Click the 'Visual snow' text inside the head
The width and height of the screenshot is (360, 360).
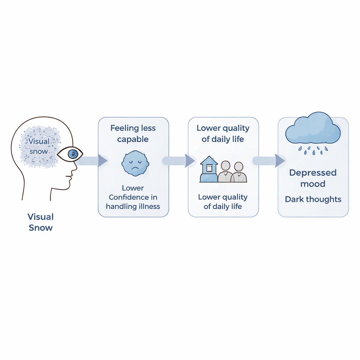pos(39,146)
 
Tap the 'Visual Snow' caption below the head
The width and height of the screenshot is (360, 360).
pos(40,222)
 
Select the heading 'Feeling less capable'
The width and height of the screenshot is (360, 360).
pos(133,134)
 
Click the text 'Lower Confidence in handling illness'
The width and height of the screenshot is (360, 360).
pos(133,197)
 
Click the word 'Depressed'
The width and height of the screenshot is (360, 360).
pos(313,173)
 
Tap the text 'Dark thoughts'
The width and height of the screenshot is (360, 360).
pos(313,199)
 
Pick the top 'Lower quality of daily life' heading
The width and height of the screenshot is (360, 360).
pos(223,134)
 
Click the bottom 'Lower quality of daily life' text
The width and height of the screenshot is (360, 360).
pos(223,201)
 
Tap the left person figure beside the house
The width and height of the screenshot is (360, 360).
pos(225,172)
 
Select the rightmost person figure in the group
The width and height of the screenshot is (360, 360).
pos(239,173)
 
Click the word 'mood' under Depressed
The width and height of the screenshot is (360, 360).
pos(313,184)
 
